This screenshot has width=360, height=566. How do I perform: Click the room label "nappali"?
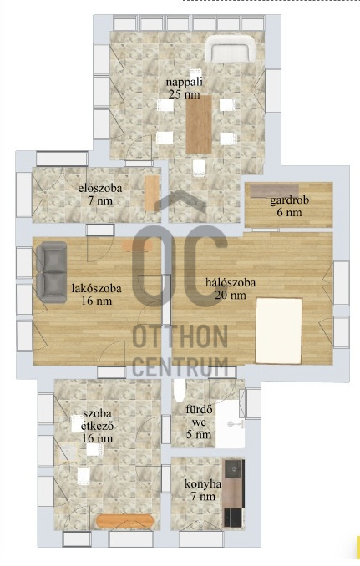tap(184, 82)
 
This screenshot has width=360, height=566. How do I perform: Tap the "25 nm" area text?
tap(184, 94)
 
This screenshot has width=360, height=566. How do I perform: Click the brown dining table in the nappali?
tap(199, 124)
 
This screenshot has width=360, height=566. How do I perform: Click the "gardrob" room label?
tap(289, 200)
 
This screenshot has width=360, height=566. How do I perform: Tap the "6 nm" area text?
tap(289, 212)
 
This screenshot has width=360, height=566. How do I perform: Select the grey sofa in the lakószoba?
tap(51, 272)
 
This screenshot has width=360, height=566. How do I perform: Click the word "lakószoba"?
tap(96, 289)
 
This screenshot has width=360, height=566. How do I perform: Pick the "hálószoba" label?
tap(231, 282)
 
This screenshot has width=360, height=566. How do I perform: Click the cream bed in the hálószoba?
tap(278, 331)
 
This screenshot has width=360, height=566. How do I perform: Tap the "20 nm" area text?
tap(231, 295)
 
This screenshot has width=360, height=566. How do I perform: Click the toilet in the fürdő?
tap(180, 390)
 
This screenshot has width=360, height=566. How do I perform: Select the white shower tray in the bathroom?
tap(230, 424)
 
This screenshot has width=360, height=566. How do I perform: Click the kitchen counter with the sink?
tap(233, 493)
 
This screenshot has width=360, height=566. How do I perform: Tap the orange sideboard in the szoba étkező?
tap(125, 521)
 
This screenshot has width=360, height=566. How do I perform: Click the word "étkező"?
tap(98, 427)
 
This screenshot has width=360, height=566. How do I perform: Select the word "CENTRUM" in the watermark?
tap(180, 366)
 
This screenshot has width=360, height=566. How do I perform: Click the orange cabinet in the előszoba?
tap(152, 193)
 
